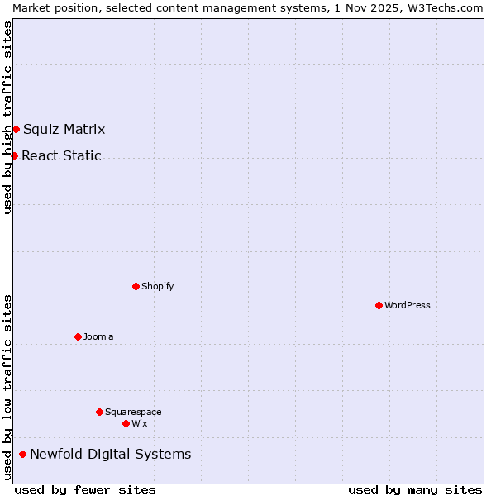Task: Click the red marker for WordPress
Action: point(379,305)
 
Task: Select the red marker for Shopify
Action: point(136,286)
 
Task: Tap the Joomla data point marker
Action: point(78,336)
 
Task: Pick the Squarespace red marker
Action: point(99,412)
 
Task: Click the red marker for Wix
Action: point(126,423)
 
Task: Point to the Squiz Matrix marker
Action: point(16,129)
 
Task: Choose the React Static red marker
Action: point(14,155)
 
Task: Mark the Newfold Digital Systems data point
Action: point(22,454)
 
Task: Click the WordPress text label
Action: point(408,305)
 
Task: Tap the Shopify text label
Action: point(157,286)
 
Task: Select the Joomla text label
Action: point(98,336)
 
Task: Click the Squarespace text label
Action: point(133,412)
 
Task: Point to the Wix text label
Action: point(139,423)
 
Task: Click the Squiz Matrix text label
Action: point(64,129)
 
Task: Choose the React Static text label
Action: point(62,155)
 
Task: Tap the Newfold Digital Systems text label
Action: point(111,454)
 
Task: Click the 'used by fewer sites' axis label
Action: point(85,489)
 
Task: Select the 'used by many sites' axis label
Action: point(415,489)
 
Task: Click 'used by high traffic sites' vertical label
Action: point(7,117)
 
